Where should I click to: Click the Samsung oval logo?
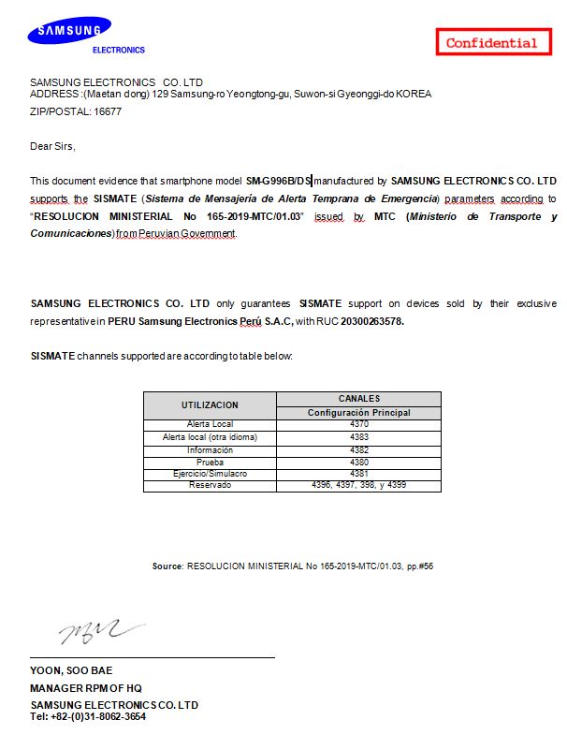pyautogui.click(x=69, y=34)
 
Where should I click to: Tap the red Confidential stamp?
pyautogui.click(x=491, y=42)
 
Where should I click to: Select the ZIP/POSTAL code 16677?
pyautogui.click(x=107, y=111)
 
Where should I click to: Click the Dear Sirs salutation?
pyautogui.click(x=52, y=146)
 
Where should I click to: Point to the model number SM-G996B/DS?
pyautogui.click(x=278, y=180)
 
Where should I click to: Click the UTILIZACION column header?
pyautogui.click(x=210, y=405)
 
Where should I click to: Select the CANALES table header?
pyautogui.click(x=358, y=399)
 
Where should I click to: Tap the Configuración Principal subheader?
pyautogui.click(x=358, y=412)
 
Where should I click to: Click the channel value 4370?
pyautogui.click(x=358, y=424)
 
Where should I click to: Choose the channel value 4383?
pyautogui.click(x=358, y=437)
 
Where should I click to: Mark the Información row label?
pyautogui.click(x=210, y=449)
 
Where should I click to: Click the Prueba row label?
pyautogui.click(x=210, y=462)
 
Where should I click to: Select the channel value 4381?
pyautogui.click(x=358, y=474)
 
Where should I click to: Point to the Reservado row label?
pyautogui.click(x=210, y=485)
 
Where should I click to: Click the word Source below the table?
pyautogui.click(x=167, y=566)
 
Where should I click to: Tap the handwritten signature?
pyautogui.click(x=100, y=633)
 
